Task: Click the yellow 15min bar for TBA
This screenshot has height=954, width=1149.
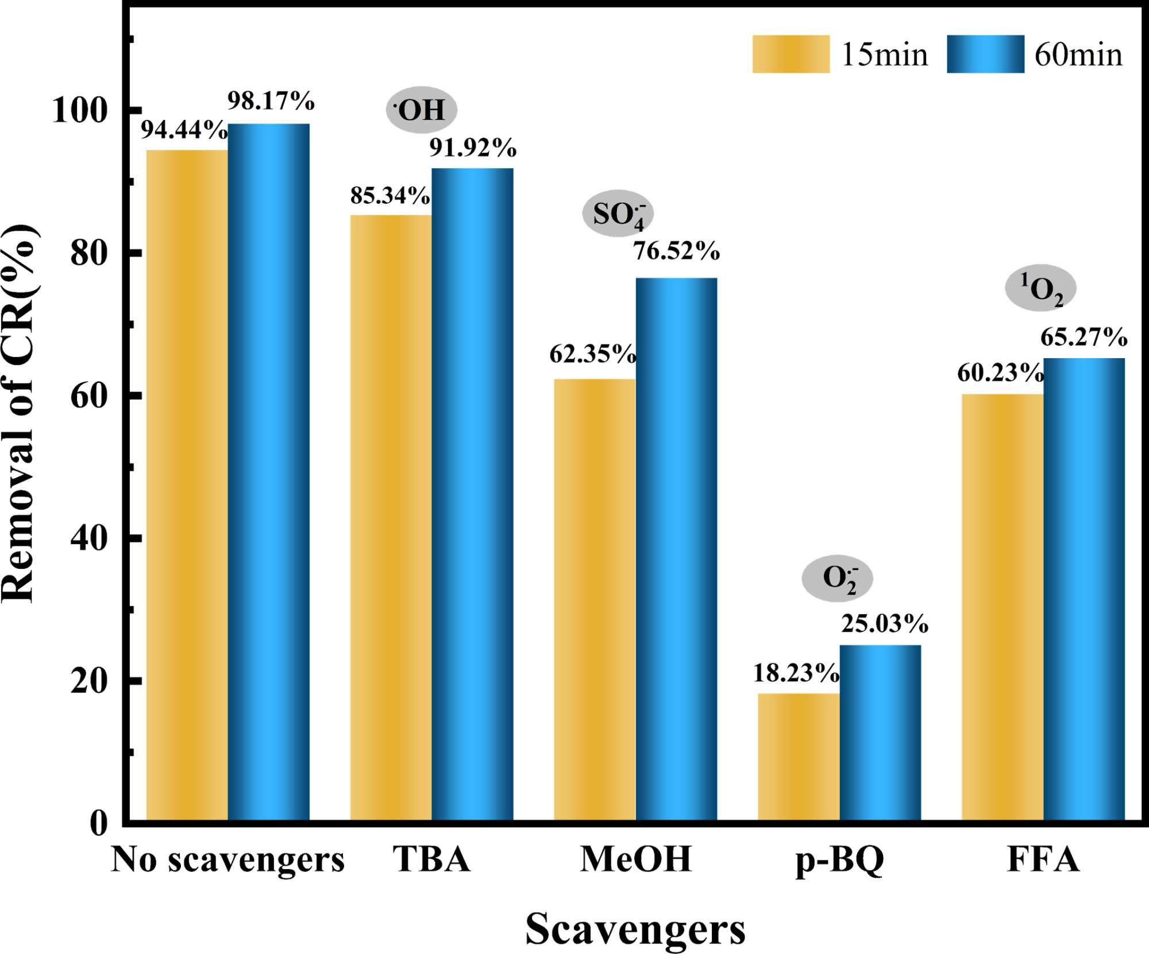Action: coord(391,517)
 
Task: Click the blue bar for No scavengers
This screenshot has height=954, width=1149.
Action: coord(268,471)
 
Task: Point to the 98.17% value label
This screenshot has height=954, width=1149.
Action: coord(271,101)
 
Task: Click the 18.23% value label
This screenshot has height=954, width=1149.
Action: coord(796,673)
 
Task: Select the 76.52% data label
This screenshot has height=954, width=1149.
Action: coord(676,251)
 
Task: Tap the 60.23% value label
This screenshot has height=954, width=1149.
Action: coord(1000,374)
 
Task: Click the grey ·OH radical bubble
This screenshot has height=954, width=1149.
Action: coord(421,110)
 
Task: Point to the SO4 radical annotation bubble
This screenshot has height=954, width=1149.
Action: coord(618,214)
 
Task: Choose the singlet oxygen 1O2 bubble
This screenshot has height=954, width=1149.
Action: coord(1040,288)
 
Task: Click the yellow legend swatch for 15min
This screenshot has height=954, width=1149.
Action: coord(791,54)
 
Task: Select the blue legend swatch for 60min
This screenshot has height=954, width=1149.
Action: coord(985,54)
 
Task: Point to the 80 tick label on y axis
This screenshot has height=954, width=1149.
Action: coord(89,253)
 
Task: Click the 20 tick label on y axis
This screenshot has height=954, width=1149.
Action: coord(89,681)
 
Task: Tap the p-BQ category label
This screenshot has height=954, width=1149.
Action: coord(839,860)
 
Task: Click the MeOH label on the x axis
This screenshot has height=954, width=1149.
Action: coord(635,860)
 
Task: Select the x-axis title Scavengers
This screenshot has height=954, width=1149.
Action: coord(635,929)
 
